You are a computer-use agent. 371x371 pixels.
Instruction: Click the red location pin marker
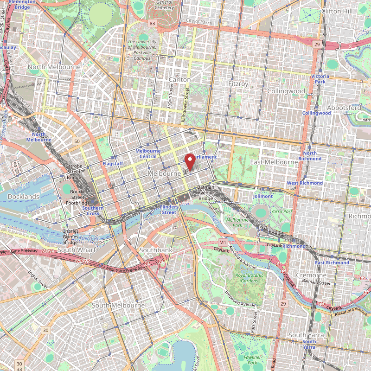[x=190, y=161]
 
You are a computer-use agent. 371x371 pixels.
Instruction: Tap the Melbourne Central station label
[x=148, y=154]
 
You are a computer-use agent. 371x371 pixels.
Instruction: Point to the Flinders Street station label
[x=168, y=209]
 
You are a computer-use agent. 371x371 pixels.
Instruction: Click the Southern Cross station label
[x=93, y=211]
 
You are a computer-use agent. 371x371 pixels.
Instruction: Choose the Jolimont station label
[x=263, y=196]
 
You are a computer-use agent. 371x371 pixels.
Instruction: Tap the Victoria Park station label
[x=320, y=78]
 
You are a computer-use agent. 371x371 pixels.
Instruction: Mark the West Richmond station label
[x=305, y=183]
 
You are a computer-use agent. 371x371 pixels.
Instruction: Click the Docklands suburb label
[x=24, y=197]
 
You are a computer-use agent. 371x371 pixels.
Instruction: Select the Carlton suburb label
[x=179, y=80]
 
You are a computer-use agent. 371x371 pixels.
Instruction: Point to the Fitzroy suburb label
[x=238, y=84]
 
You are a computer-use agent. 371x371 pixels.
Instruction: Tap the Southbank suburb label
[x=156, y=250]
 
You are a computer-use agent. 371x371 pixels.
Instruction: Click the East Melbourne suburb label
[x=274, y=162]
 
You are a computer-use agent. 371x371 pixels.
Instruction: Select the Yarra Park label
[x=282, y=211]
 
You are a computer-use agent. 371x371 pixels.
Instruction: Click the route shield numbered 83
[x=152, y=23]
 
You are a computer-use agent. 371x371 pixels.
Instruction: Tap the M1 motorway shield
[x=223, y=243]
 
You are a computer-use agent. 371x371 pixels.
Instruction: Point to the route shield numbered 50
[x=77, y=141]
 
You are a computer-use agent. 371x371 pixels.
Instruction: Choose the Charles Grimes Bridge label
[x=70, y=236]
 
